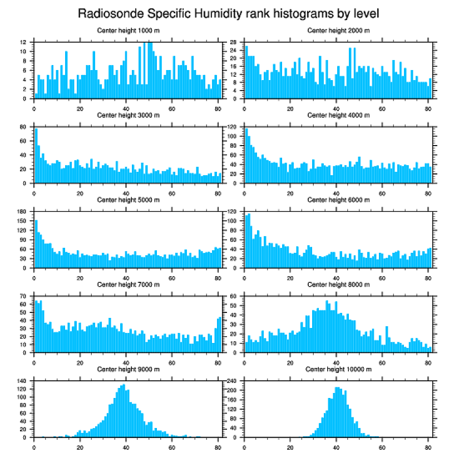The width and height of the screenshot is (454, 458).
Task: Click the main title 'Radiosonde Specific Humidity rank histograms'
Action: (x=228, y=13)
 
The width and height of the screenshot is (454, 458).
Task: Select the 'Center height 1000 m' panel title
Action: (x=128, y=30)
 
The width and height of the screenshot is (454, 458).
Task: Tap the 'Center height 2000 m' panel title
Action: (x=338, y=30)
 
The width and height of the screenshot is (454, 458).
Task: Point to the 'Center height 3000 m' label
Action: (x=128, y=115)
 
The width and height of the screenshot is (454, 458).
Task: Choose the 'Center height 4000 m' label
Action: (x=338, y=115)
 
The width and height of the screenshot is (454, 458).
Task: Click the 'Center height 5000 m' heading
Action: (x=128, y=200)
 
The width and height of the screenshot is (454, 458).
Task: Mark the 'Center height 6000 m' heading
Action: (x=338, y=200)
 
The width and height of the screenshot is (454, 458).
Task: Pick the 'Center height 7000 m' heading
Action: (x=128, y=285)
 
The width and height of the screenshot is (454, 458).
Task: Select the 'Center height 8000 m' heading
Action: (x=338, y=285)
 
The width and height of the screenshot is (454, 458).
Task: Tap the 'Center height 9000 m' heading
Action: (x=128, y=369)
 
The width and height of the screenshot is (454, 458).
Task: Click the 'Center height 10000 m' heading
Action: (x=338, y=369)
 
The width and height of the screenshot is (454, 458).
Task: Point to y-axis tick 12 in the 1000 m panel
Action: (x=23, y=42)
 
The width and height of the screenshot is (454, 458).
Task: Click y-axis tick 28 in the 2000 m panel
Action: (x=235, y=42)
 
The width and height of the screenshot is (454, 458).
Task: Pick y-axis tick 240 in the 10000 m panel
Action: (x=232, y=381)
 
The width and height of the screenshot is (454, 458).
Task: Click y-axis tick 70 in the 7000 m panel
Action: (x=23, y=296)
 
